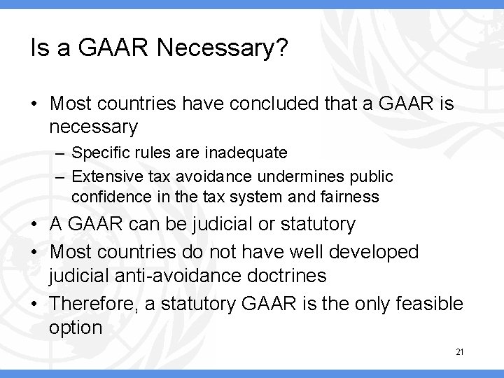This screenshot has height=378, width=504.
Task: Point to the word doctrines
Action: click(x=288, y=275)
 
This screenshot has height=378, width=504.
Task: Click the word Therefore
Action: click(x=89, y=304)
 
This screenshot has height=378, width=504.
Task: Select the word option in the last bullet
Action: click(x=76, y=327)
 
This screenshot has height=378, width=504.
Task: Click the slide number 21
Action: click(x=458, y=352)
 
